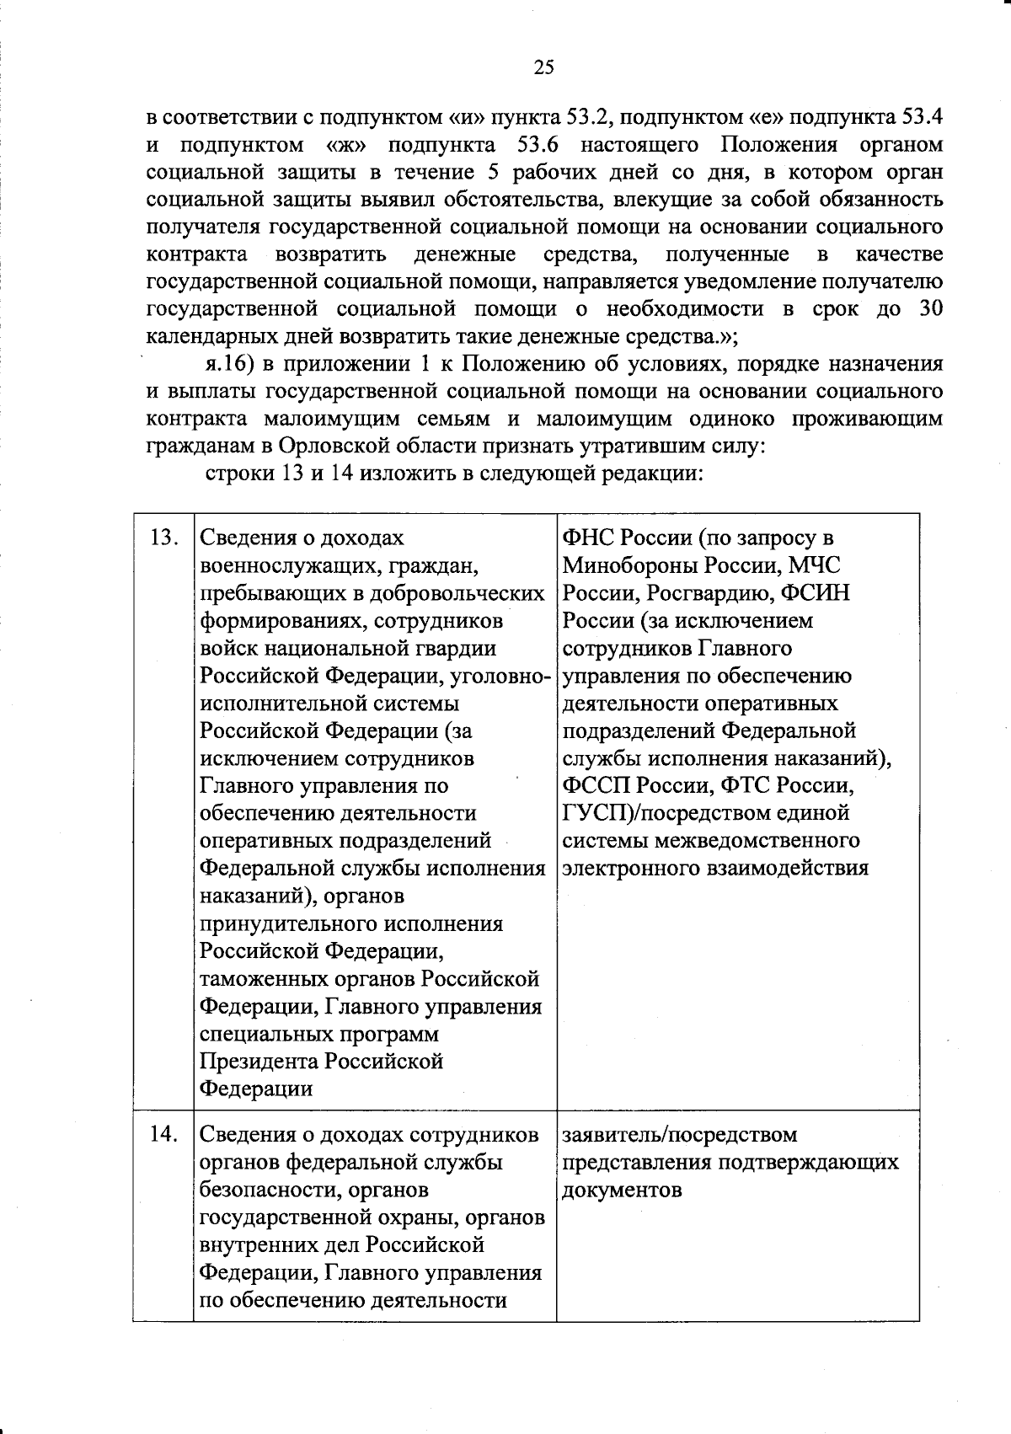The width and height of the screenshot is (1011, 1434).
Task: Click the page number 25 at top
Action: (543, 68)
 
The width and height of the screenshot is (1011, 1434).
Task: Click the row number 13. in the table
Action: (163, 538)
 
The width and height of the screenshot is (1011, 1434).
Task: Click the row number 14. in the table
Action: (163, 1135)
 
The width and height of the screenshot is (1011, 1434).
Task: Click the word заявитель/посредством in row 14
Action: (679, 1135)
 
